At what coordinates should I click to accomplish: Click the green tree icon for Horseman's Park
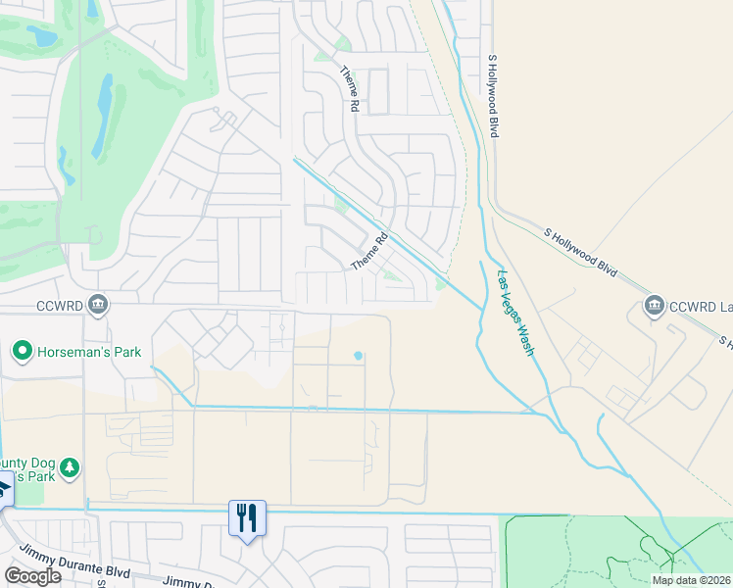[x=22, y=351]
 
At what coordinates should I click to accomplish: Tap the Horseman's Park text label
[x=89, y=352]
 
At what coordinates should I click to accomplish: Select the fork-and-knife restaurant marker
[x=246, y=517]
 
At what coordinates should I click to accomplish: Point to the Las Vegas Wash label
[x=515, y=312]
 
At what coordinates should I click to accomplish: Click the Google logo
[x=32, y=576]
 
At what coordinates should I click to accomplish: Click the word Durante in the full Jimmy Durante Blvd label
[x=82, y=570]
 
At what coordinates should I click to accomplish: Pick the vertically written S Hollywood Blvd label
[x=493, y=95]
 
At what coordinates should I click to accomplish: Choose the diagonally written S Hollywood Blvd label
[x=580, y=253]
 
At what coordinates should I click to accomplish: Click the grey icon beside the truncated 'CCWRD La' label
[x=655, y=307]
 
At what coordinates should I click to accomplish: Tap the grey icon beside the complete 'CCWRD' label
[x=98, y=305]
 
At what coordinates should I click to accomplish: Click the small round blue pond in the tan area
[x=359, y=355]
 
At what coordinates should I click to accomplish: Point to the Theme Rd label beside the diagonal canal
[x=369, y=252]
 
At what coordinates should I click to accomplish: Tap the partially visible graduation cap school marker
[x=4, y=489]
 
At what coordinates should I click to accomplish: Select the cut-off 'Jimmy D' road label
[x=187, y=582]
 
